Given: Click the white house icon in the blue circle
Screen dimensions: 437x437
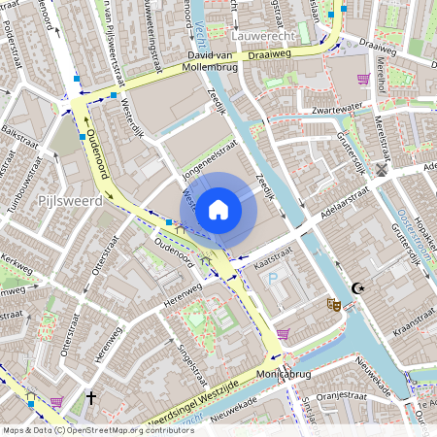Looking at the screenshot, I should tap(218, 209).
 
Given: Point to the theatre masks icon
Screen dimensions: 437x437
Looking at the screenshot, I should tap(334, 304).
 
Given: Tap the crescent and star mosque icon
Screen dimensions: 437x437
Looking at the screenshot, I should tap(357, 288).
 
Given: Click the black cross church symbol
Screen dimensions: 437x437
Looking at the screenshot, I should tap(91, 398).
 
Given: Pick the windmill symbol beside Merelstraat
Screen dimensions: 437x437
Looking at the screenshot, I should tap(382, 169).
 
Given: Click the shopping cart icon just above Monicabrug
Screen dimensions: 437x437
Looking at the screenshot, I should tap(283, 333).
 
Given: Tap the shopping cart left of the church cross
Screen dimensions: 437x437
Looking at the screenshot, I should tap(56, 401).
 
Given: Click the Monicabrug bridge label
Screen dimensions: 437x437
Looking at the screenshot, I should tap(283, 373).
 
